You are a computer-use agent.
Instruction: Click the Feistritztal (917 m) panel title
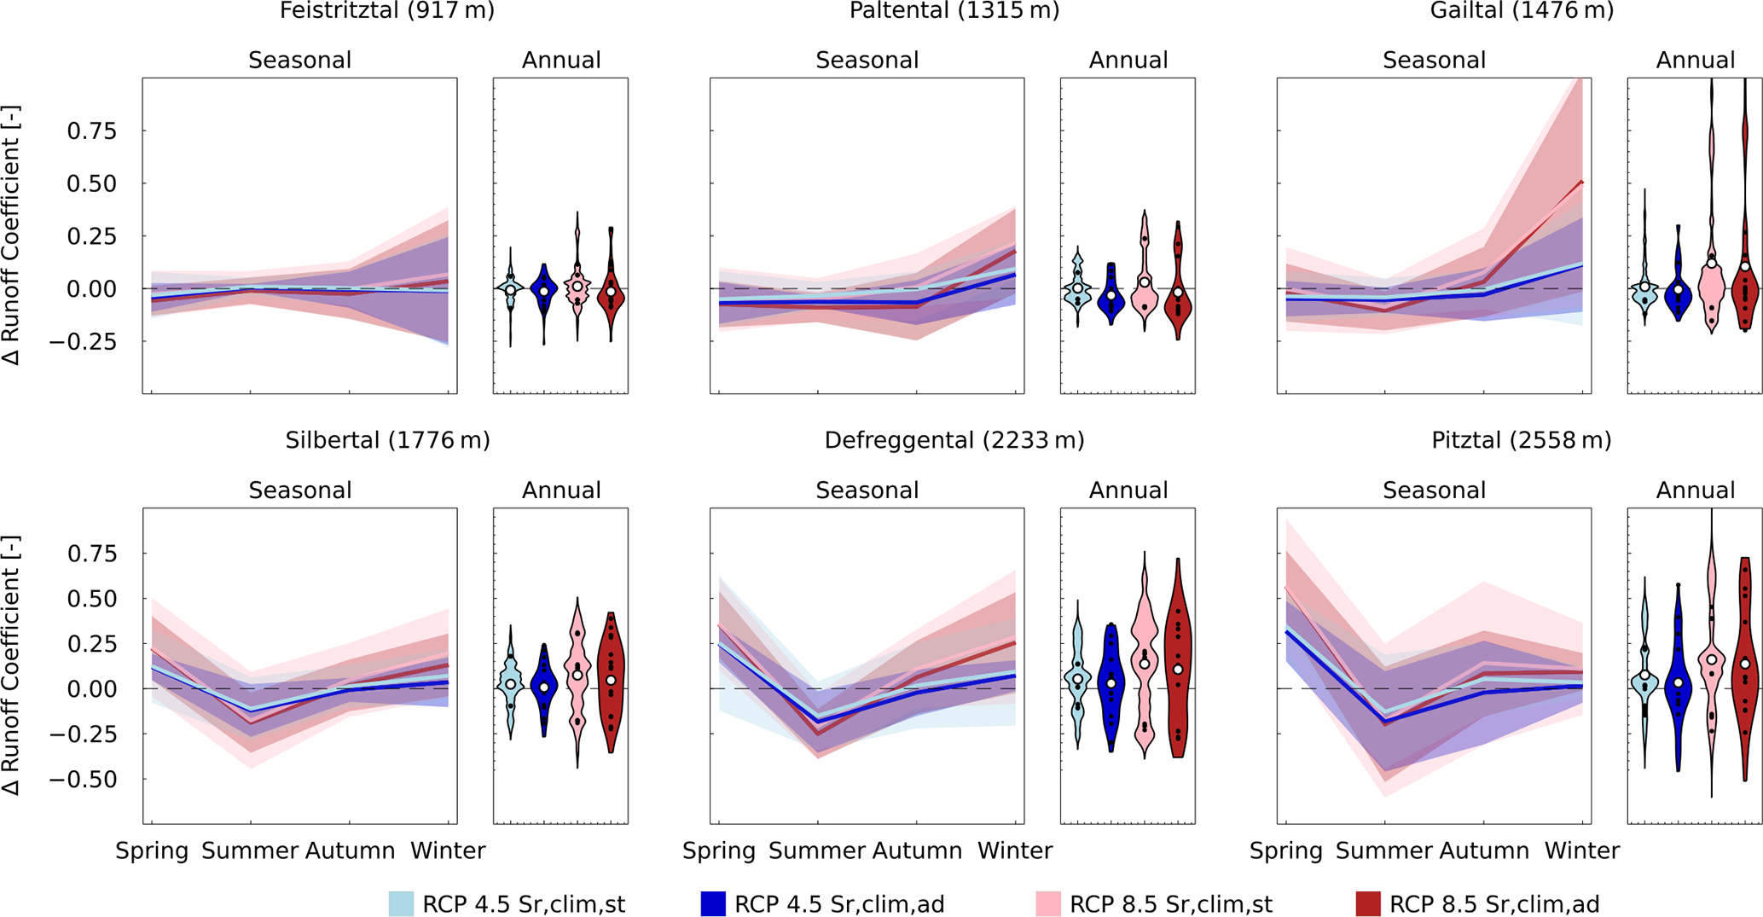387,11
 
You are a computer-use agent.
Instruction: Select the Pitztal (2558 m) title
1522,440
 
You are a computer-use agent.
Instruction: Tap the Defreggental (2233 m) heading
954,440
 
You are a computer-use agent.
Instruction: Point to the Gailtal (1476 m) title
1522,11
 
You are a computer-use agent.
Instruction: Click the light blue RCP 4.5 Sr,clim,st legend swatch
402,904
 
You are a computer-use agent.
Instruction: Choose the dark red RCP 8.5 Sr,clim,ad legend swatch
1368,904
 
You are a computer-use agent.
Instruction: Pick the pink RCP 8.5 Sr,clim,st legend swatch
1048,904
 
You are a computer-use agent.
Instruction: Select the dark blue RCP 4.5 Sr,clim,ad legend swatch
713,904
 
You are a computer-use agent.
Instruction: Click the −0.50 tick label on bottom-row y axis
84,780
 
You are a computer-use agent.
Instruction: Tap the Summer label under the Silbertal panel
250,850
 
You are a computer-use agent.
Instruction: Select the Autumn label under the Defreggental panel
917,850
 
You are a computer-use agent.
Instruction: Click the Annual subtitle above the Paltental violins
1128,61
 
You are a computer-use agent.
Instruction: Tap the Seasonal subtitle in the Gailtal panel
1434,61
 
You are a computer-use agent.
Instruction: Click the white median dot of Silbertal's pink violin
577,675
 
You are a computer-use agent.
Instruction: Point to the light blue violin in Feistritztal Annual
511,288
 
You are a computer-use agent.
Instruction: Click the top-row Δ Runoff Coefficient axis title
11,235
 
